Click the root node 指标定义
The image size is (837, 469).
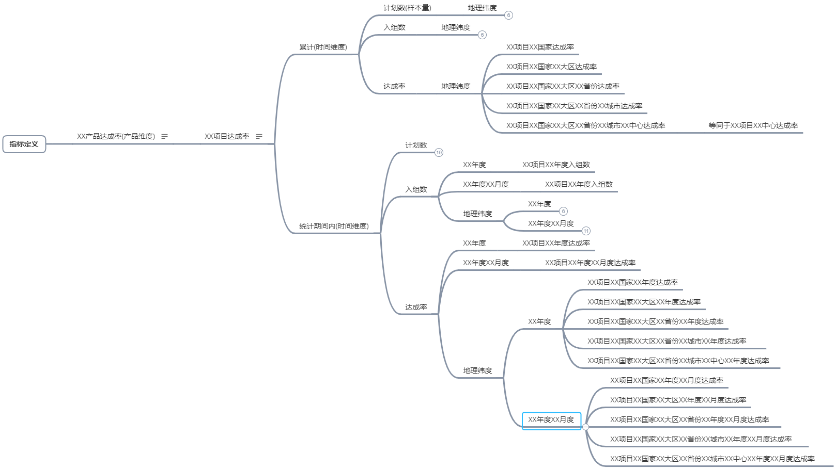(24, 144)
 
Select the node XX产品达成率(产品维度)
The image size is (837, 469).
(116, 137)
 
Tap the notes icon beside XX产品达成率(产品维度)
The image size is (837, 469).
(165, 137)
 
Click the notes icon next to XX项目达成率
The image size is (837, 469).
(259, 137)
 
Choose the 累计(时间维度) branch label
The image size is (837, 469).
(323, 47)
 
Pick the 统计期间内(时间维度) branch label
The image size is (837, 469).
(334, 226)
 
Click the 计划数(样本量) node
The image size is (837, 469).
(407, 8)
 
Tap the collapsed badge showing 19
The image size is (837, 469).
(439, 153)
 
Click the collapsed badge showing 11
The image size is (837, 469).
(586, 231)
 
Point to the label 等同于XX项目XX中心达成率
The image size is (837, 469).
(753, 126)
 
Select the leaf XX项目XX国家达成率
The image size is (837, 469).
(540, 47)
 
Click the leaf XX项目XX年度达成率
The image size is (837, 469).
(556, 244)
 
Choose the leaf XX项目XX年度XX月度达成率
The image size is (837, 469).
(590, 263)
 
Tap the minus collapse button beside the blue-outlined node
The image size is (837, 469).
(585, 427)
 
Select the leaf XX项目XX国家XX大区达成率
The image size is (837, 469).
(551, 67)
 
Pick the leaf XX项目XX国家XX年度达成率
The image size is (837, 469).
(632, 283)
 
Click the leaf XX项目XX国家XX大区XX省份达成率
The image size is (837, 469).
(563, 87)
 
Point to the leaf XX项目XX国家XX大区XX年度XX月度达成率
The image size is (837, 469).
(678, 400)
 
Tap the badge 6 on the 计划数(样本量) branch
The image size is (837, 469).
(508, 15)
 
